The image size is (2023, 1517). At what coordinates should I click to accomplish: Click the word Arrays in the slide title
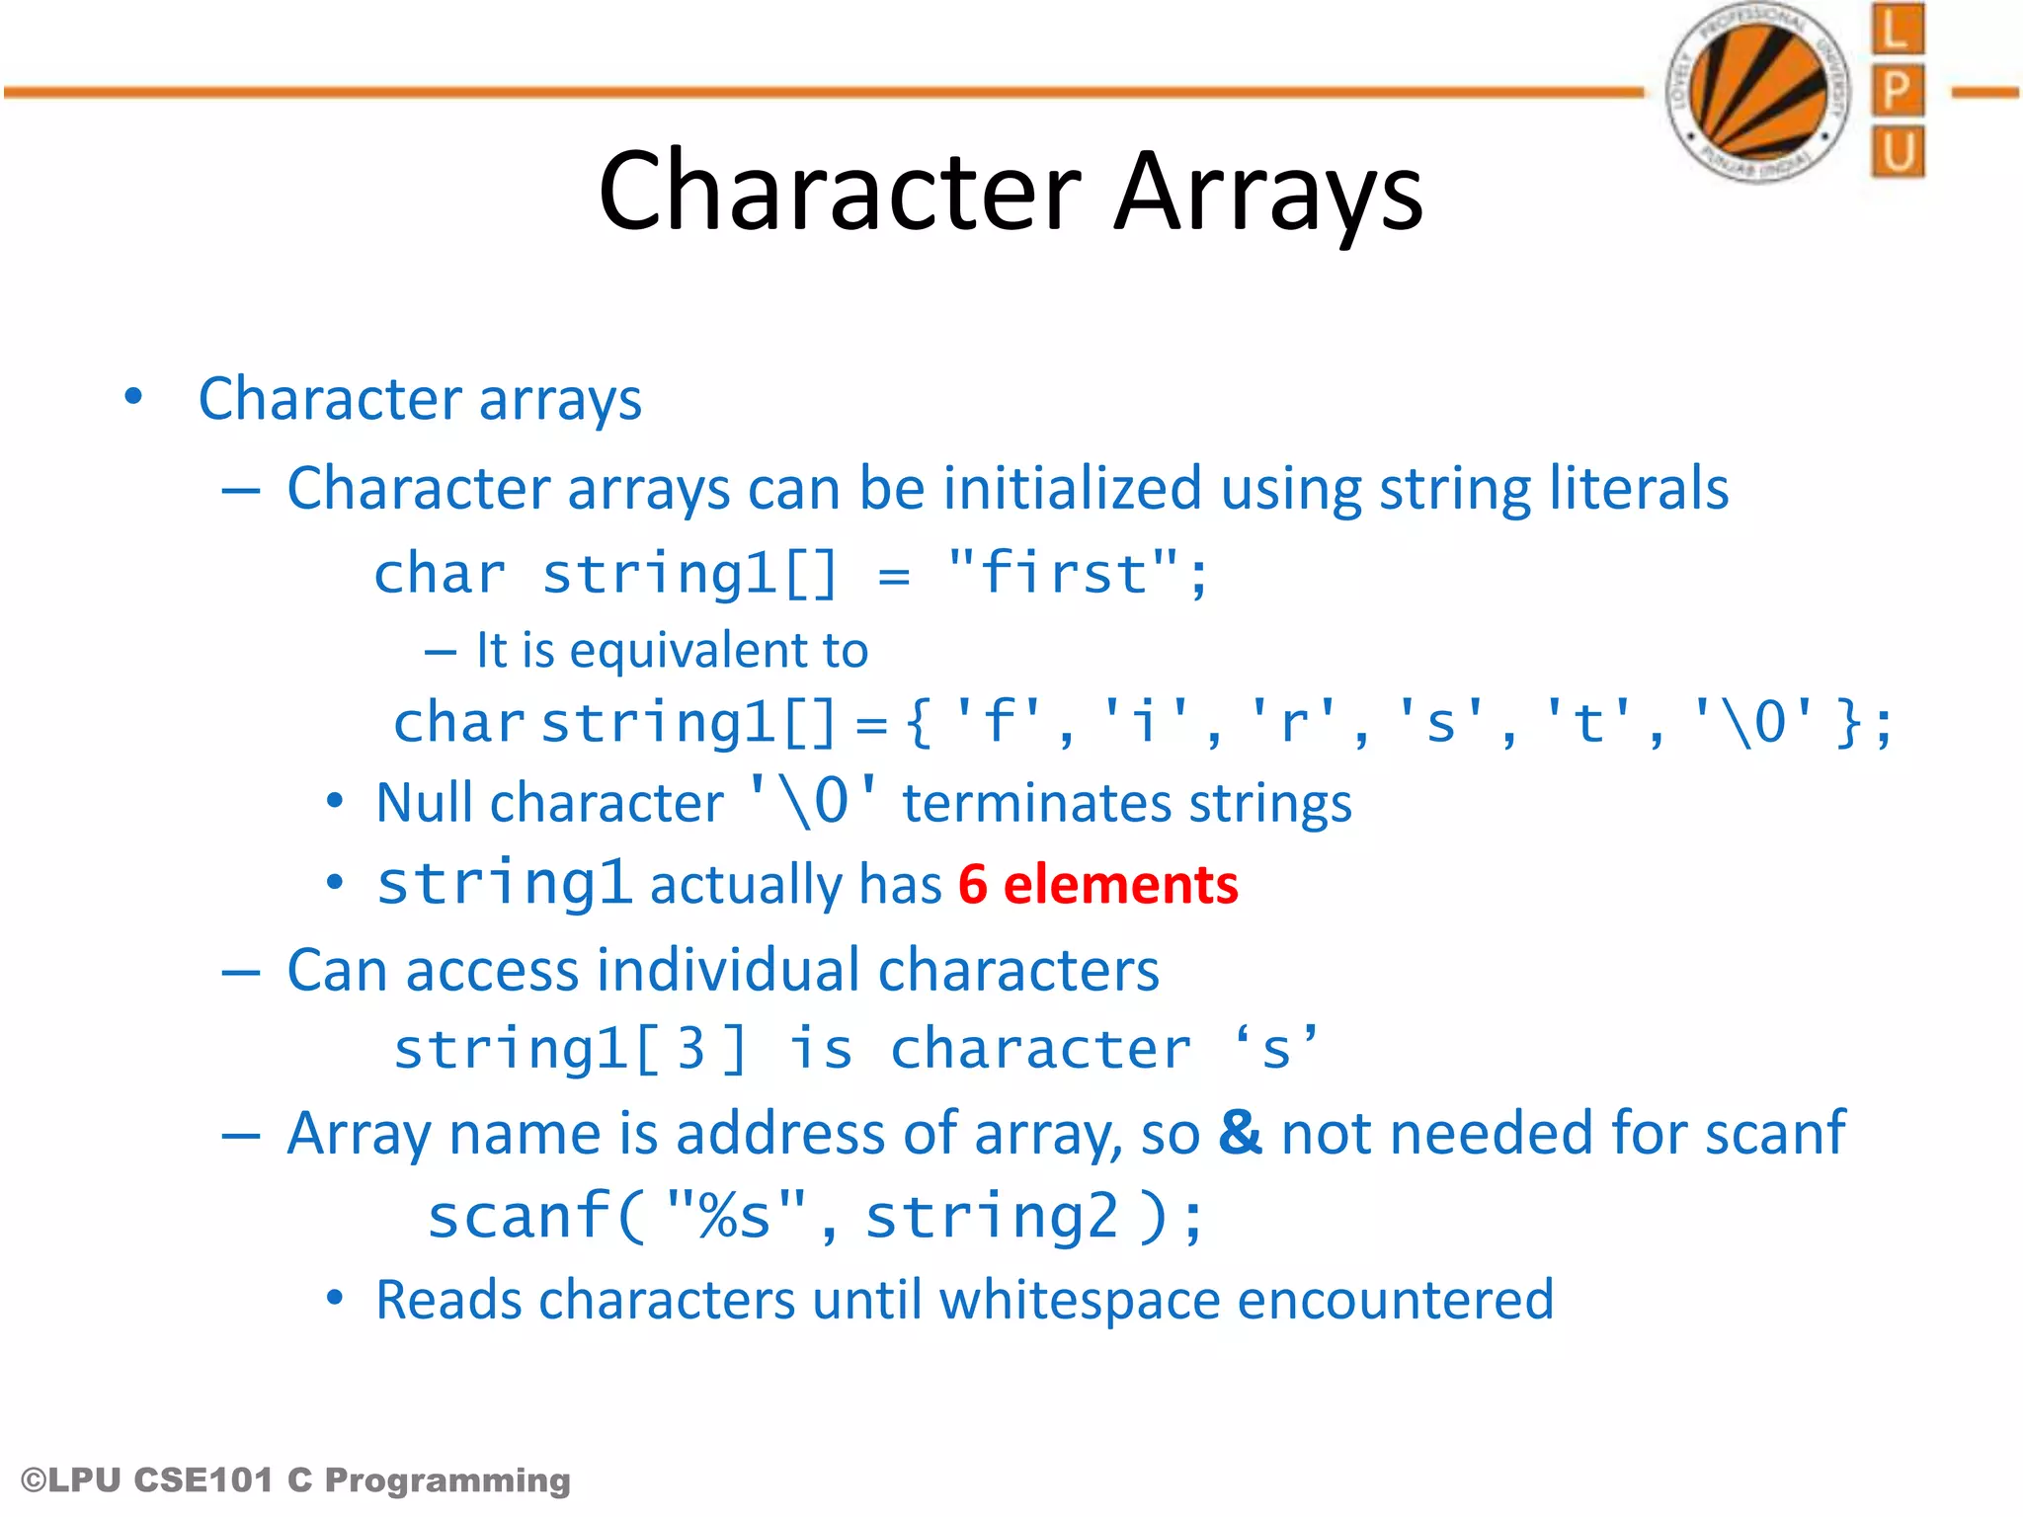(1268, 192)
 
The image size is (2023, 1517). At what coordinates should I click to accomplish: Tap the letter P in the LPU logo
(1897, 92)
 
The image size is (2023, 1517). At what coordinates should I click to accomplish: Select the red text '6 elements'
(1097, 884)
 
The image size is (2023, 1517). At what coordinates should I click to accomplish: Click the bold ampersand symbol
(1240, 1132)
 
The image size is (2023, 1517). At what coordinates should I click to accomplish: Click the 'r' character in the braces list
(1293, 722)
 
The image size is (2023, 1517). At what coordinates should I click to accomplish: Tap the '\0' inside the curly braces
(1753, 722)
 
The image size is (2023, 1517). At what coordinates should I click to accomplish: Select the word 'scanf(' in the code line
(534, 1216)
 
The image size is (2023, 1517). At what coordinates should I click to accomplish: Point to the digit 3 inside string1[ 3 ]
(690, 1049)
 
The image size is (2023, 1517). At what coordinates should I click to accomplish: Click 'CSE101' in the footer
(203, 1479)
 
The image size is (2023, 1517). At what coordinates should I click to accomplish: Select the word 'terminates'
(1036, 803)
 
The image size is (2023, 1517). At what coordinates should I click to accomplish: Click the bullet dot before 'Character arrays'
(133, 398)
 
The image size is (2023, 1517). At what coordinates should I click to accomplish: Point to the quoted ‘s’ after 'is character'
(1275, 1049)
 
